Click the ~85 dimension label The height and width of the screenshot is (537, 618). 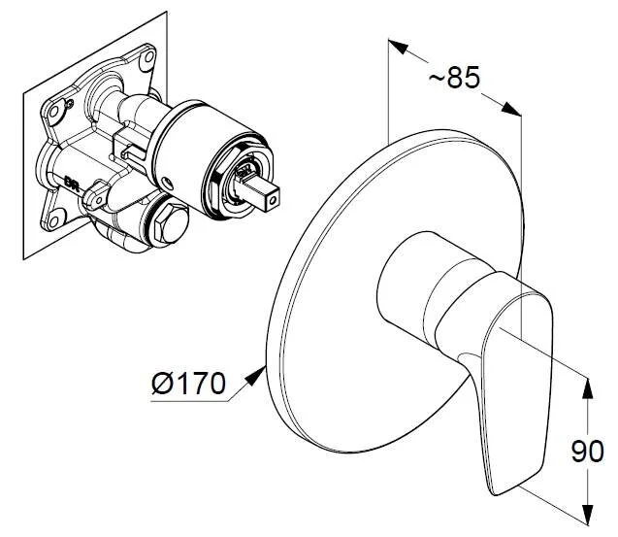tap(454, 77)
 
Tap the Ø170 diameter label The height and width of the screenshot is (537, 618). tap(189, 384)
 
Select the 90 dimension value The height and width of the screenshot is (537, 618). tap(587, 451)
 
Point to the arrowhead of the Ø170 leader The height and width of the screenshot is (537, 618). tap(256, 375)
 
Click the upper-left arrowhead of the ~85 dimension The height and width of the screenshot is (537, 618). tap(398, 47)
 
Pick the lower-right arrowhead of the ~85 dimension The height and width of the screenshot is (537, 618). tap(511, 109)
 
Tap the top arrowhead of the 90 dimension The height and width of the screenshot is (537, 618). tap(587, 388)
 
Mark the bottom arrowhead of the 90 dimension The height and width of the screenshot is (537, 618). tap(587, 516)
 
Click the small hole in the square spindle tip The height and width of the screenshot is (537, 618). tap(273, 201)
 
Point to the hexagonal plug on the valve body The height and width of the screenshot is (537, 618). tap(171, 224)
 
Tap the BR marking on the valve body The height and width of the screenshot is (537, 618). tap(72, 184)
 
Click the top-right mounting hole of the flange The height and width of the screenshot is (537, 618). tap(149, 56)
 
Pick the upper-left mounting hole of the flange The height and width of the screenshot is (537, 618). tap(53, 112)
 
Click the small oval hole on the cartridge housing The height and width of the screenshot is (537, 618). tap(168, 182)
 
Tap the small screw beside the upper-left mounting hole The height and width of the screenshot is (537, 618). tap(70, 104)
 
